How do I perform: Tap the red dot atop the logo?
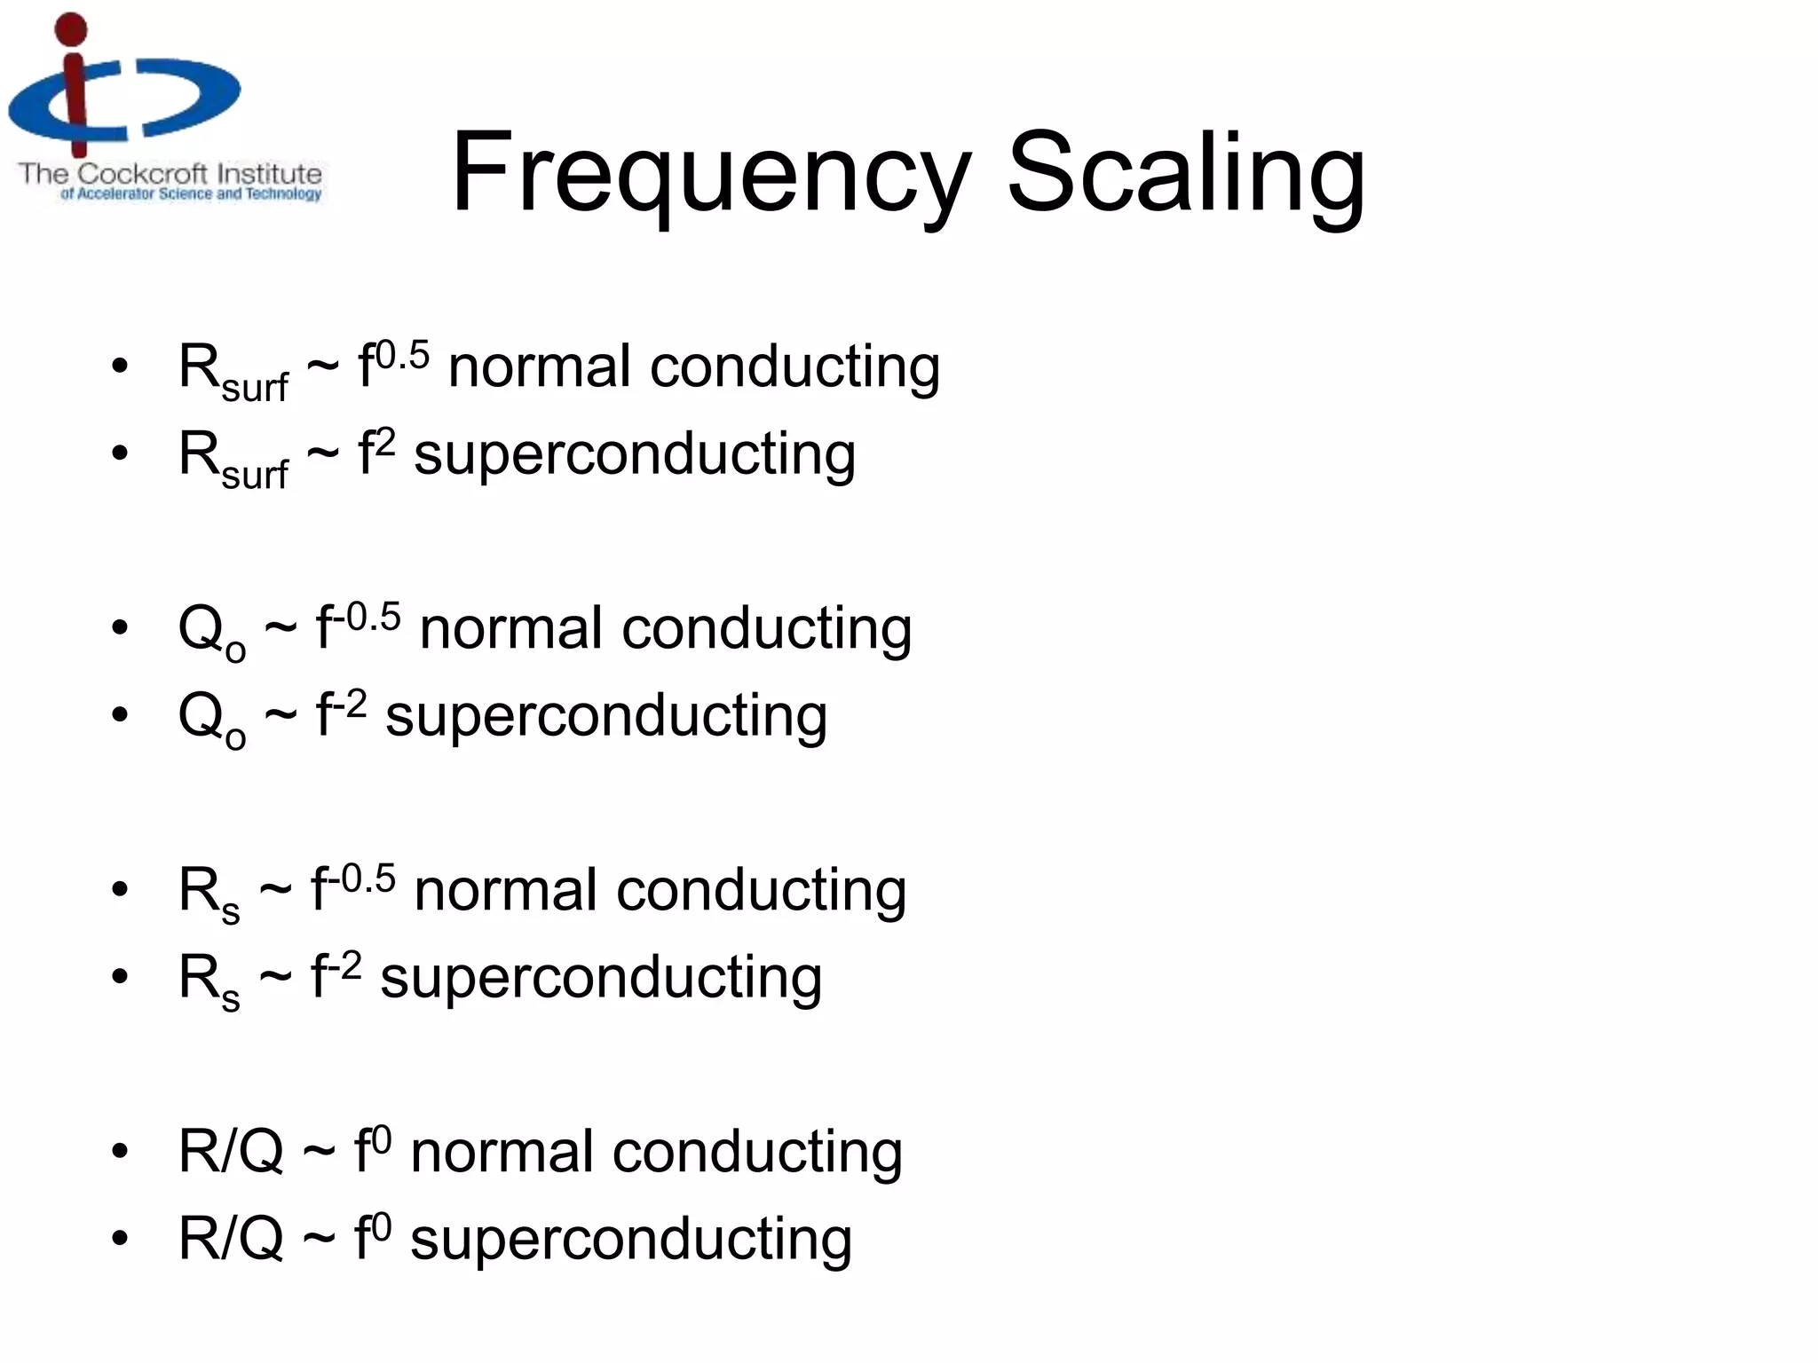click(x=71, y=29)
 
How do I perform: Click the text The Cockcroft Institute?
click(x=170, y=173)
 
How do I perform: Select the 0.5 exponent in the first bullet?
click(x=402, y=356)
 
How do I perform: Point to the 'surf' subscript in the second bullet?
click(x=255, y=475)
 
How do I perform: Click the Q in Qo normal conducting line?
click(x=201, y=628)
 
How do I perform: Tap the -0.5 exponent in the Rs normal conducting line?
click(x=367, y=878)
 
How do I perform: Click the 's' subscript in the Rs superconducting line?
click(x=231, y=999)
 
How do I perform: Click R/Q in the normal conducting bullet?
click(x=231, y=1151)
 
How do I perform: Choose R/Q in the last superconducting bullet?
click(x=231, y=1238)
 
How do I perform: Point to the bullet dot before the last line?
click(x=120, y=1238)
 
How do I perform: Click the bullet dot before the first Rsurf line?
click(x=120, y=366)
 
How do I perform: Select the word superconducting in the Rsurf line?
click(x=635, y=454)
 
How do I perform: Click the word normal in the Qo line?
click(x=511, y=628)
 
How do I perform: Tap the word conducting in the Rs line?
click(x=761, y=890)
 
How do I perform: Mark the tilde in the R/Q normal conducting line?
click(x=319, y=1153)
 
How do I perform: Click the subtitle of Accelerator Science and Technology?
click(x=190, y=194)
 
